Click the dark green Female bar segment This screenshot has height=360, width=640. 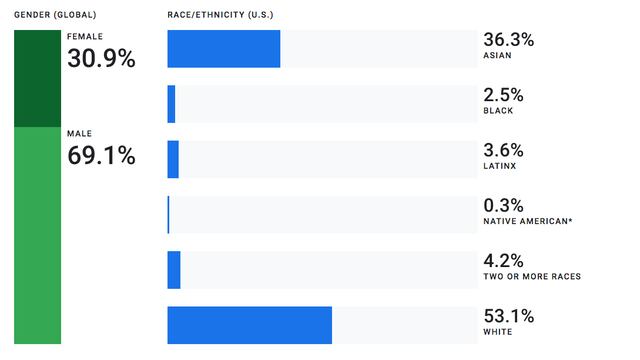[x=38, y=78]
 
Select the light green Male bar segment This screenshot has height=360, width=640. [x=38, y=235]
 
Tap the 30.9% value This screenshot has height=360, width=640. [x=101, y=59]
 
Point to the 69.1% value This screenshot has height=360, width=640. [x=101, y=156]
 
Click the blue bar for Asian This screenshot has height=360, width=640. [x=224, y=49]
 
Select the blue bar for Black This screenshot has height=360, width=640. [x=172, y=104]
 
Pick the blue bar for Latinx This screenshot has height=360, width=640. [x=173, y=159]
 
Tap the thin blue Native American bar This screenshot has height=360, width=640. [x=169, y=214]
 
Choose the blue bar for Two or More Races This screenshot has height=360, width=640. [x=174, y=269]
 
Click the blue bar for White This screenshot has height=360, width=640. [x=250, y=325]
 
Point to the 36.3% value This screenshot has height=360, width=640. [x=508, y=41]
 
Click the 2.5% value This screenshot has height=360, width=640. [x=503, y=96]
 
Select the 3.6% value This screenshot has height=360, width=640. [x=503, y=151]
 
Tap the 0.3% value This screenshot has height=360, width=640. [x=503, y=206]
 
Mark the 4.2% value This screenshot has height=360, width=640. [x=503, y=261]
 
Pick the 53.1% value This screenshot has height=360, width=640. [x=508, y=316]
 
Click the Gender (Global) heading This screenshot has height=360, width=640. [x=55, y=15]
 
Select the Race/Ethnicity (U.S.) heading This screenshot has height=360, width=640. [x=223, y=15]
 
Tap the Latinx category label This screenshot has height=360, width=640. [x=500, y=166]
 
